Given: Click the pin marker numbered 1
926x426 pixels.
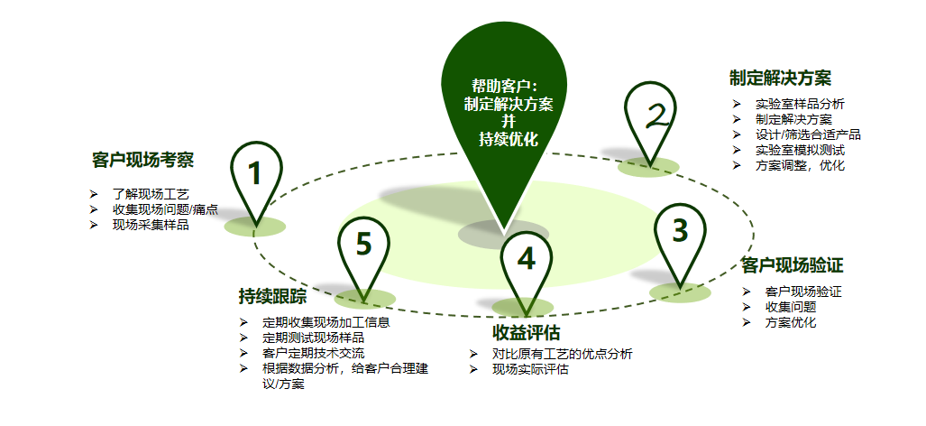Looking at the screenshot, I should pyautogui.click(x=256, y=174).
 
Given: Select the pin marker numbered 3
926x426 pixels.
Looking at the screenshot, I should pyautogui.click(x=681, y=233).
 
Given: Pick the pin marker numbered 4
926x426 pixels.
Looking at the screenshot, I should pyautogui.click(x=527, y=260).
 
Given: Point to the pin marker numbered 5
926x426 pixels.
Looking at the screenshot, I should pyautogui.click(x=363, y=245).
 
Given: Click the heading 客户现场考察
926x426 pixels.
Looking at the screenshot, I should pyautogui.click(x=142, y=161).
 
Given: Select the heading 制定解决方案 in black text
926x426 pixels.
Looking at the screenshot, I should pyautogui.click(x=780, y=78).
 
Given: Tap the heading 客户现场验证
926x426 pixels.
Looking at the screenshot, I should pyautogui.click(x=792, y=265).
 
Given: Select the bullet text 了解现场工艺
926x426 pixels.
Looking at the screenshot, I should pyautogui.click(x=151, y=194).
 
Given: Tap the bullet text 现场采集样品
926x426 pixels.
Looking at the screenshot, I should pyautogui.click(x=151, y=225).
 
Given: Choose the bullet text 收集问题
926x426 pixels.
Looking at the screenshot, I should pyautogui.click(x=791, y=307).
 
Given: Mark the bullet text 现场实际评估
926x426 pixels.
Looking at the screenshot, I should pyautogui.click(x=530, y=369).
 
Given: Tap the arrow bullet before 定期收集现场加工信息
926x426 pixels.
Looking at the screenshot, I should pyautogui.click(x=243, y=322).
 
